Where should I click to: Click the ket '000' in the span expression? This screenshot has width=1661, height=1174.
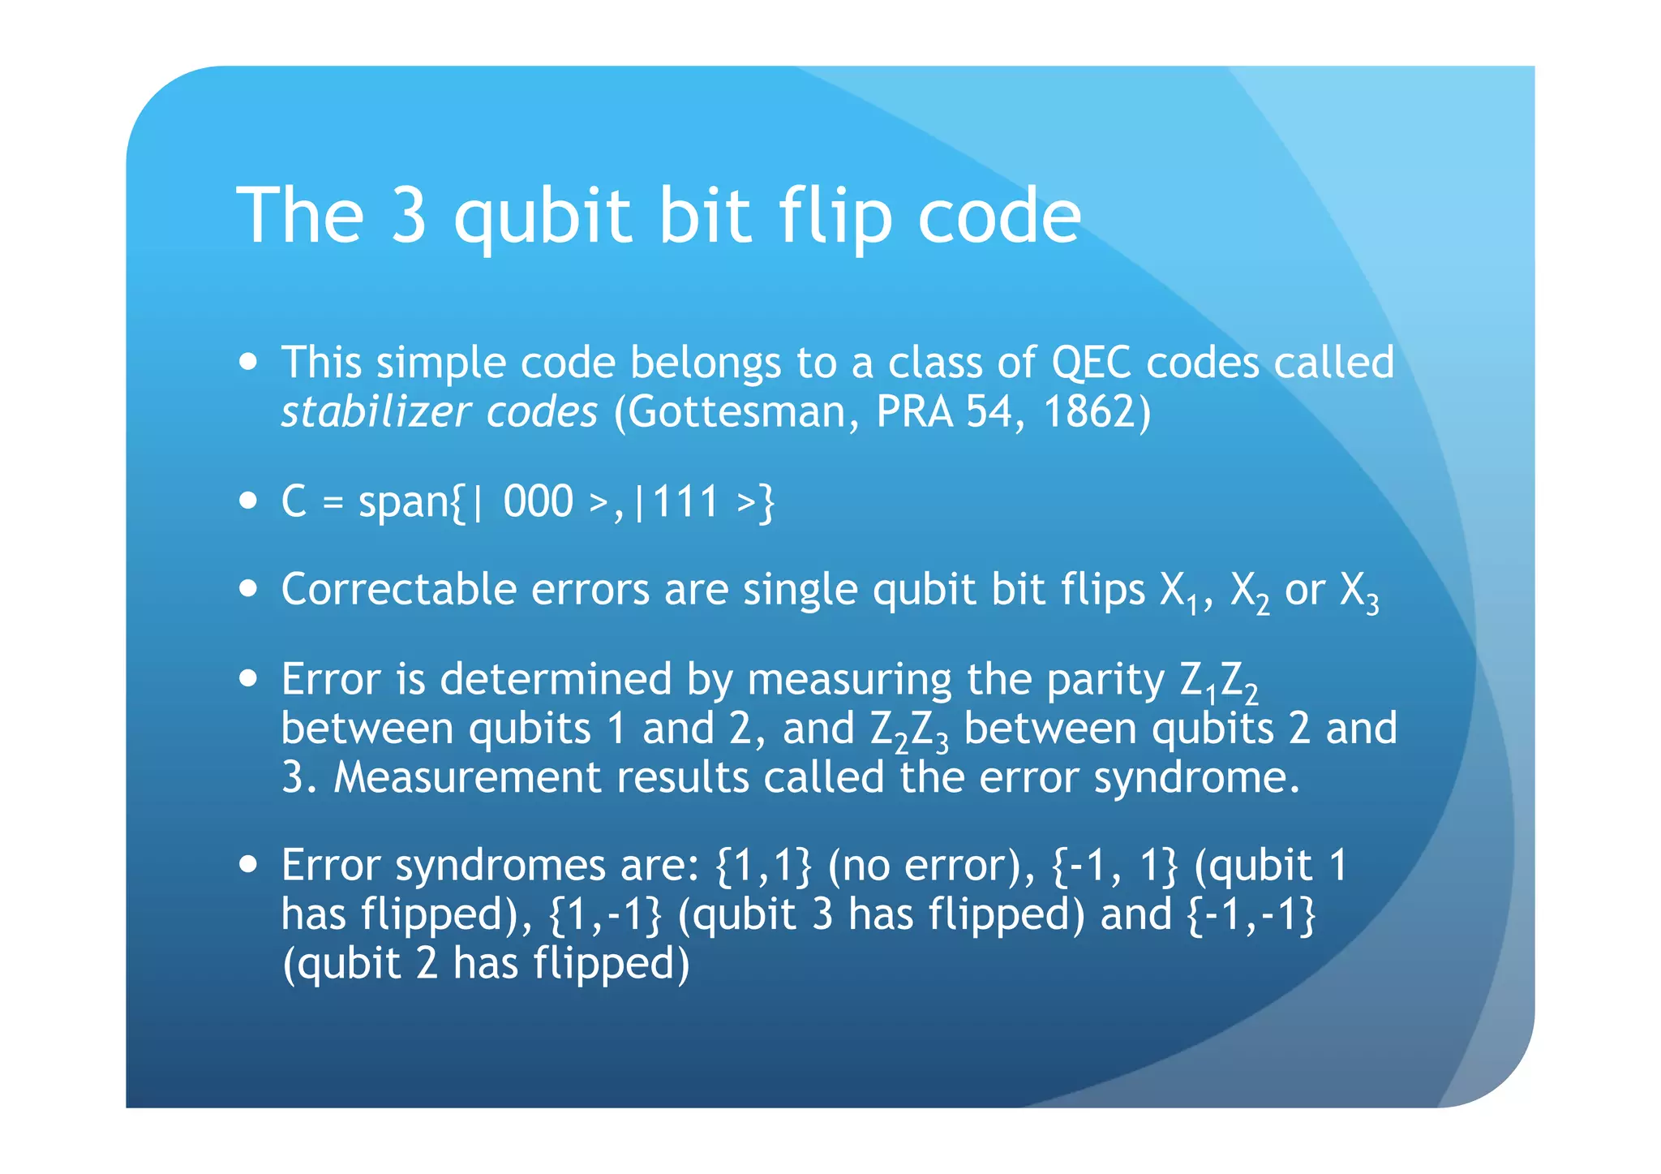[x=538, y=502]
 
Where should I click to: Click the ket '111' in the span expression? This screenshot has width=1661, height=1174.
[x=686, y=502]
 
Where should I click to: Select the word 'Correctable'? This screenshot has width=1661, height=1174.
[x=398, y=589]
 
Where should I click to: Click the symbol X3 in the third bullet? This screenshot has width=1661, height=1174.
[x=1358, y=592]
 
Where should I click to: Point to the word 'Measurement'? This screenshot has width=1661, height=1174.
[x=467, y=778]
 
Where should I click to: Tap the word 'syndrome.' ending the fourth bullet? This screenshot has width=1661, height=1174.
[x=1197, y=778]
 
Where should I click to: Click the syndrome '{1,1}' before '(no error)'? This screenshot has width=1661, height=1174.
[x=763, y=866]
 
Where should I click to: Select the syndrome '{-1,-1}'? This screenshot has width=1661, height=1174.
[x=1251, y=915]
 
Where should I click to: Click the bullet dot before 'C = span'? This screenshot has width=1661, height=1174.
[x=249, y=500]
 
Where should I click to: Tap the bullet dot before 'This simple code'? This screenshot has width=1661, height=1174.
[x=249, y=361]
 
